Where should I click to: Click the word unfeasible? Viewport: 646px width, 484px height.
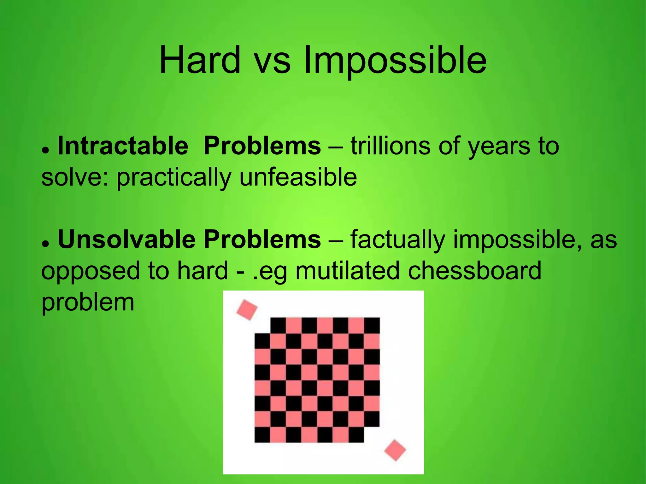click(x=298, y=177)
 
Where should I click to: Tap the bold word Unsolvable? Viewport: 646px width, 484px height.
click(x=126, y=239)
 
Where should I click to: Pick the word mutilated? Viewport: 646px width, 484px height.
click(x=347, y=271)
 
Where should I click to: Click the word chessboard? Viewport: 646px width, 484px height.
click(x=474, y=271)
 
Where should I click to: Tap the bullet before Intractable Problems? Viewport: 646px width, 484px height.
click(x=46, y=150)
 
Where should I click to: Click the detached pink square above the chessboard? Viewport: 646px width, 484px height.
click(x=247, y=310)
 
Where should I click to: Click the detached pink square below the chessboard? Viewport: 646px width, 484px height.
click(x=395, y=450)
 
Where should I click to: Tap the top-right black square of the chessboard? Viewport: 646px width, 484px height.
click(x=372, y=325)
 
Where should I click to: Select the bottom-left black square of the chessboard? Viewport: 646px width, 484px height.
click(x=262, y=435)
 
